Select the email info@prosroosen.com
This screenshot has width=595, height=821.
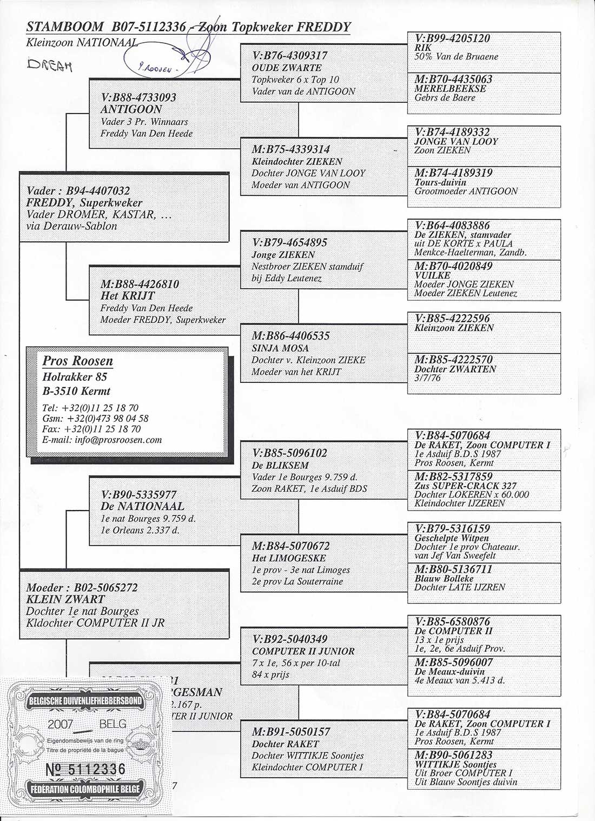pyautogui.click(x=102, y=440)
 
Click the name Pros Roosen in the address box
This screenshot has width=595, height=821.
pyautogui.click(x=77, y=361)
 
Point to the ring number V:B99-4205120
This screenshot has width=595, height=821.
pyautogui.click(x=452, y=38)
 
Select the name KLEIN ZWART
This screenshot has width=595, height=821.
pyautogui.click(x=65, y=599)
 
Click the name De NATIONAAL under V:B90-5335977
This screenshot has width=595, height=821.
pyautogui.click(x=142, y=507)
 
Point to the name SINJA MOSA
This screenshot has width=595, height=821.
pyautogui.click(x=280, y=348)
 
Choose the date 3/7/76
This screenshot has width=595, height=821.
pyautogui.click(x=427, y=378)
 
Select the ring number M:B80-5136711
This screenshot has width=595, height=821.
pyautogui.click(x=453, y=570)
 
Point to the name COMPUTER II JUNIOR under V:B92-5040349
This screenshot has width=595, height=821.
pyautogui.click(x=303, y=651)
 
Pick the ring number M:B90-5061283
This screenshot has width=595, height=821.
pyautogui.click(x=453, y=755)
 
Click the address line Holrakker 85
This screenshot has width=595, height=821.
pyautogui.click(x=75, y=377)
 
